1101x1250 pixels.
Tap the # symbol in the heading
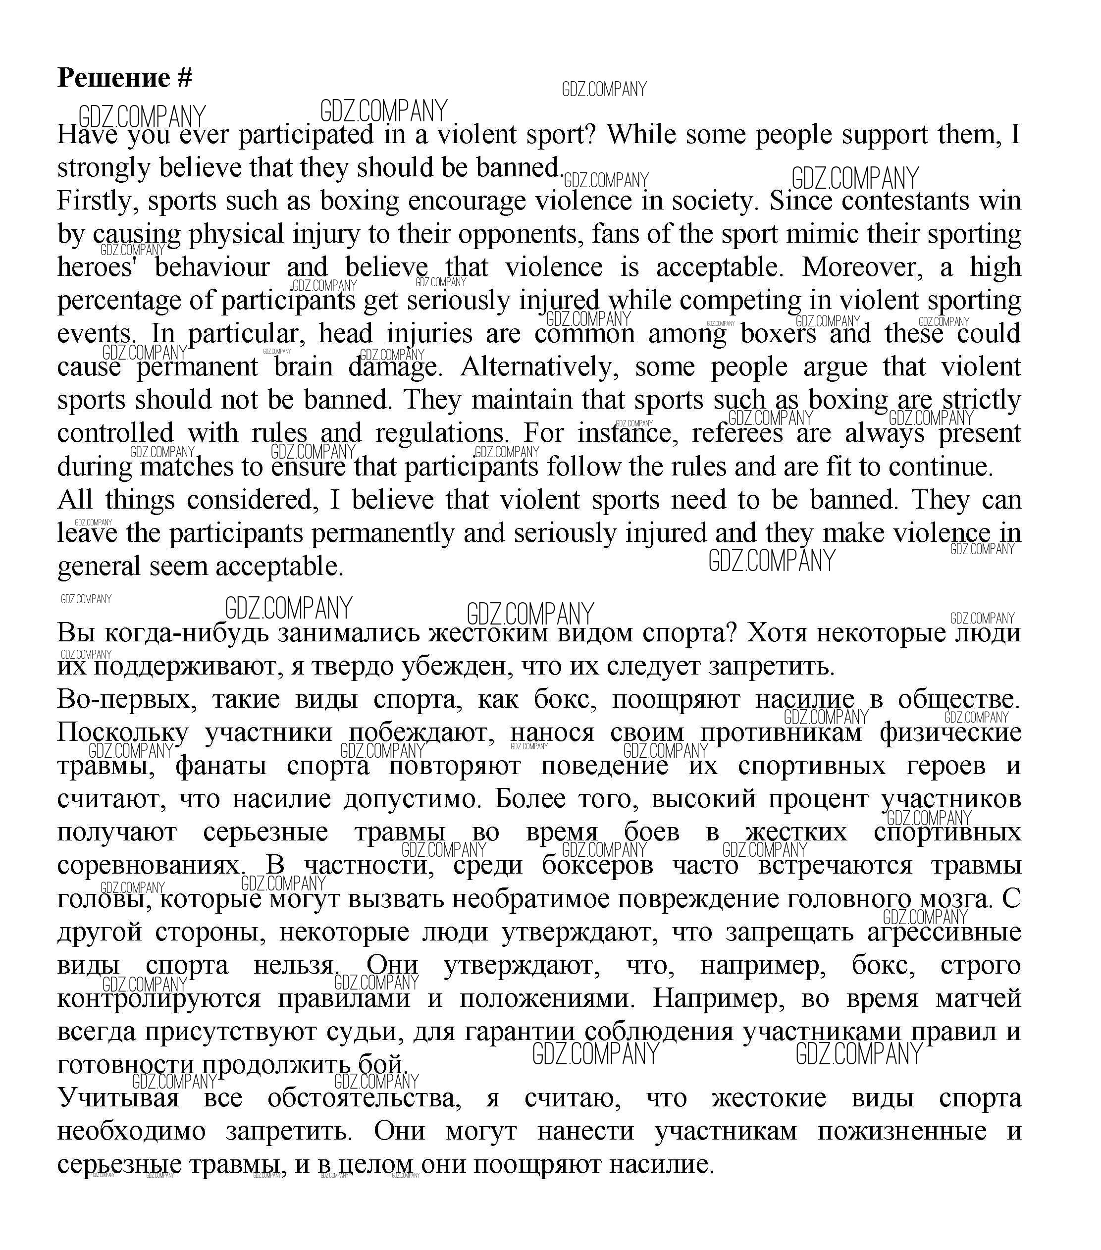pyautogui.click(x=185, y=78)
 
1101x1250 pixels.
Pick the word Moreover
pyautogui.click(x=865, y=267)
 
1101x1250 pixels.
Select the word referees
pyautogui.click(x=737, y=433)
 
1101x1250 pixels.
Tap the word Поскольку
pyautogui.click(x=123, y=732)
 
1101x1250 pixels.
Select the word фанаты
pyautogui.click(x=221, y=765)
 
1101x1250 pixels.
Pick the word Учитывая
pyautogui.click(x=118, y=1098)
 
